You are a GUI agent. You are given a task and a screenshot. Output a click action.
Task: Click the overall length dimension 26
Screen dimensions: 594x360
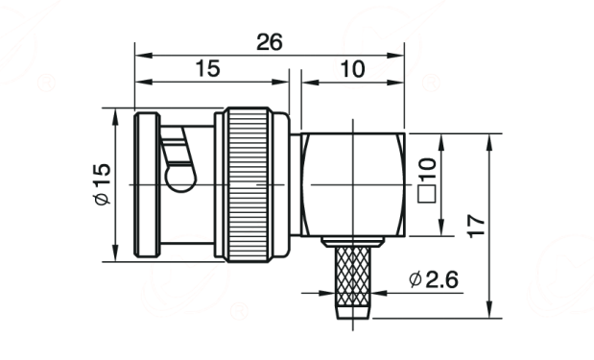tap(270, 42)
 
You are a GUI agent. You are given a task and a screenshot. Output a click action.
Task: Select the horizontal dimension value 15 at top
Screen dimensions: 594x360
tap(207, 68)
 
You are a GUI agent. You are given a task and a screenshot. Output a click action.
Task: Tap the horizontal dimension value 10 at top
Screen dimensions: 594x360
tap(353, 69)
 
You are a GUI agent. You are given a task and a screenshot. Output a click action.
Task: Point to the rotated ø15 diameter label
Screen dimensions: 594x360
tap(103, 184)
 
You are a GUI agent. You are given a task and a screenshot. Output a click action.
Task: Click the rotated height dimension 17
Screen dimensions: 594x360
tap(476, 227)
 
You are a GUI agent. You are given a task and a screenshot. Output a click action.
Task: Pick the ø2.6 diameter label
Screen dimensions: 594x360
tap(434, 279)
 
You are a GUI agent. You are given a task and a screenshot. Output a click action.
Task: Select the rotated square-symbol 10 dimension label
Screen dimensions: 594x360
tap(427, 180)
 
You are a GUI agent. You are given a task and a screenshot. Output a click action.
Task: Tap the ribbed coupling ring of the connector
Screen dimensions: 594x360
tap(248, 184)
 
